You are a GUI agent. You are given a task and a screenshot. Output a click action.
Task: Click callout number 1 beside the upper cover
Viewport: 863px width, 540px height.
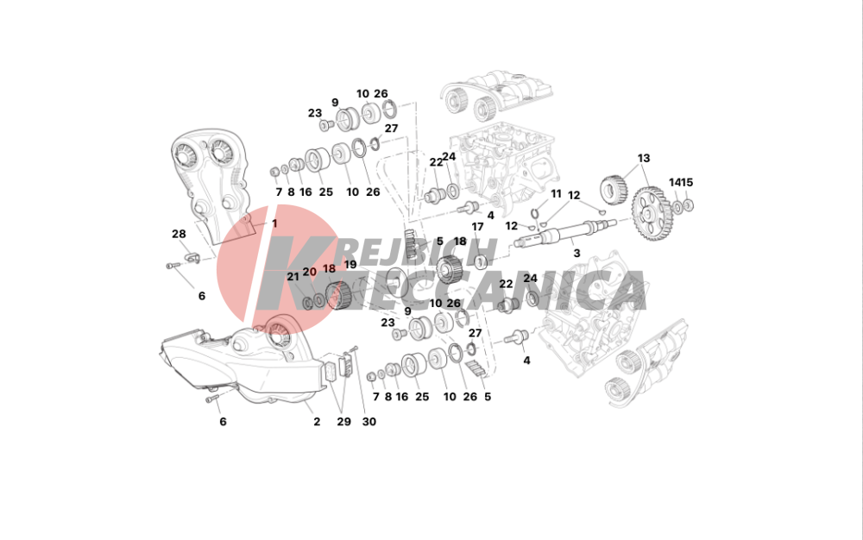(x=274, y=223)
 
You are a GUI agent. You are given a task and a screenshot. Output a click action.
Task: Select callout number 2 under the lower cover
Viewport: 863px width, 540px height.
(x=317, y=422)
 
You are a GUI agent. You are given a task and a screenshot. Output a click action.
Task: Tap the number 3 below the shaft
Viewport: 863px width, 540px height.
(x=576, y=254)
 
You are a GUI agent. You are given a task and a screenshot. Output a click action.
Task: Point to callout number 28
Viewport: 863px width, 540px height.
(x=179, y=235)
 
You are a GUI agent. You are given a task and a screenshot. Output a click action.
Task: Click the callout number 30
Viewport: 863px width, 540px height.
(x=369, y=422)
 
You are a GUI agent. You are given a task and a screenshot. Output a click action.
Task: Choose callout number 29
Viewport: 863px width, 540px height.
(x=343, y=422)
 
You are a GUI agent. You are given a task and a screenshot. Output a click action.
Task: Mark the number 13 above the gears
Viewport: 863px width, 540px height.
(x=644, y=159)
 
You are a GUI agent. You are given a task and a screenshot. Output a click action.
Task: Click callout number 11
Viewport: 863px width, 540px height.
(x=556, y=194)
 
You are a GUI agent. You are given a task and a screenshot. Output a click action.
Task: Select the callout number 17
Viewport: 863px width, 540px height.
(x=477, y=227)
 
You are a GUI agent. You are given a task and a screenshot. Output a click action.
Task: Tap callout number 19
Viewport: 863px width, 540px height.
(x=350, y=265)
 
